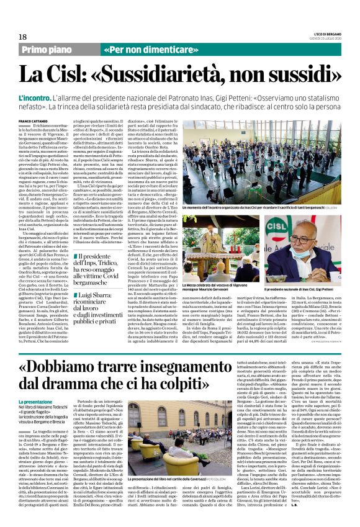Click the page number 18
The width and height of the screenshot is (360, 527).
coord(22,37)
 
